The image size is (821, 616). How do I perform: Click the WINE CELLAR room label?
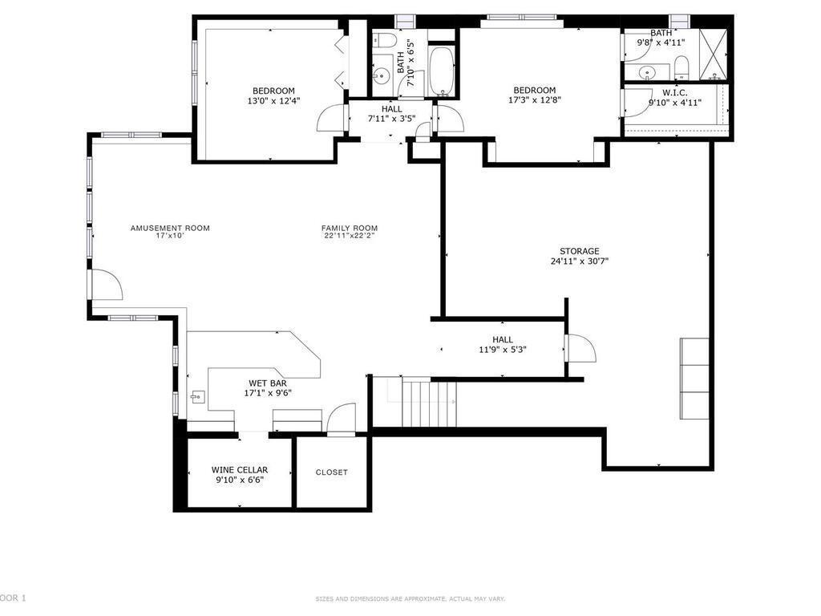click(x=239, y=470)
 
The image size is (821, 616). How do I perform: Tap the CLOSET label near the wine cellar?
click(x=331, y=472)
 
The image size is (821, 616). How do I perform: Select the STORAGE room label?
click(x=579, y=251)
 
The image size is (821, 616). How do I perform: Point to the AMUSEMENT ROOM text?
click(x=170, y=228)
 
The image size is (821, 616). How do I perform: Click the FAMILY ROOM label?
click(x=349, y=228)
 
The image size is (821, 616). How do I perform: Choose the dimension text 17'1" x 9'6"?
click(x=268, y=394)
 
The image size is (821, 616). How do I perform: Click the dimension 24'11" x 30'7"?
click(x=579, y=261)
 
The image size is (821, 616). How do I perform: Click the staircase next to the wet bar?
click(x=428, y=404)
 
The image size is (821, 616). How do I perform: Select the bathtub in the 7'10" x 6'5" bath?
click(x=442, y=72)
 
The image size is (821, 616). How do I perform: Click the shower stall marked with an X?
click(x=713, y=53)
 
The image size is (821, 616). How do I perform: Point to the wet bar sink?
click(x=196, y=396)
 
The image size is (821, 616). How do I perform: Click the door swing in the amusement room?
click(x=105, y=286)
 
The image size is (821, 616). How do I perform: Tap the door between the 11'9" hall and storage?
click(x=579, y=348)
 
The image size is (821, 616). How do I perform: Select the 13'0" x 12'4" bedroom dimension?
click(x=273, y=101)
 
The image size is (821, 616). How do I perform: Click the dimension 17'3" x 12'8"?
click(x=534, y=101)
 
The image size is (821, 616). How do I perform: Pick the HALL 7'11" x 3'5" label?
click(x=391, y=114)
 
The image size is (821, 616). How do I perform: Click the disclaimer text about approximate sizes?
click(x=410, y=598)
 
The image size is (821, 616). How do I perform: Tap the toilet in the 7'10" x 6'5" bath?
click(x=382, y=41)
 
